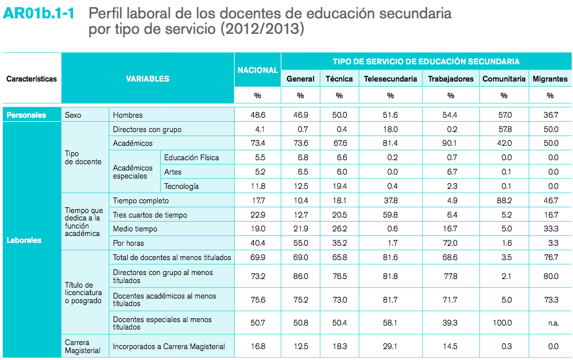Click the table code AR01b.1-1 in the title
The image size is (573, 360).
tap(41, 13)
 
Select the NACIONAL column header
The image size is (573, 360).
tap(258, 70)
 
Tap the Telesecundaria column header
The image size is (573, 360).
tap(390, 79)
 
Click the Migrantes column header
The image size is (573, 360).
tap(550, 79)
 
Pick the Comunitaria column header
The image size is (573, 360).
tap(504, 79)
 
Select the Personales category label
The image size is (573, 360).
tap(26, 115)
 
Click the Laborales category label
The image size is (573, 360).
tap(24, 240)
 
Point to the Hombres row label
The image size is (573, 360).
tap(128, 115)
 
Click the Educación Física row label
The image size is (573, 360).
tap(191, 157)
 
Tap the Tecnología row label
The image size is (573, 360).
tap(181, 186)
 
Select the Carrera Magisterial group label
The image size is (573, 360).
tap(83, 346)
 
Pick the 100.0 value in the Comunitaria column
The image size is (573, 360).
tap(502, 323)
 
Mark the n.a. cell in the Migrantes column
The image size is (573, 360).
tap(552, 323)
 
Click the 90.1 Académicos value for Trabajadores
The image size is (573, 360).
tap(451, 143)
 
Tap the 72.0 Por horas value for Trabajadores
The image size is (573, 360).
tap(451, 243)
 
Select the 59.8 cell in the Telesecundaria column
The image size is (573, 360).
tap(390, 215)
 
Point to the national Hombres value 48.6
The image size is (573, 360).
tap(258, 115)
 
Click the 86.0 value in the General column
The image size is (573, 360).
tap(300, 276)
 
